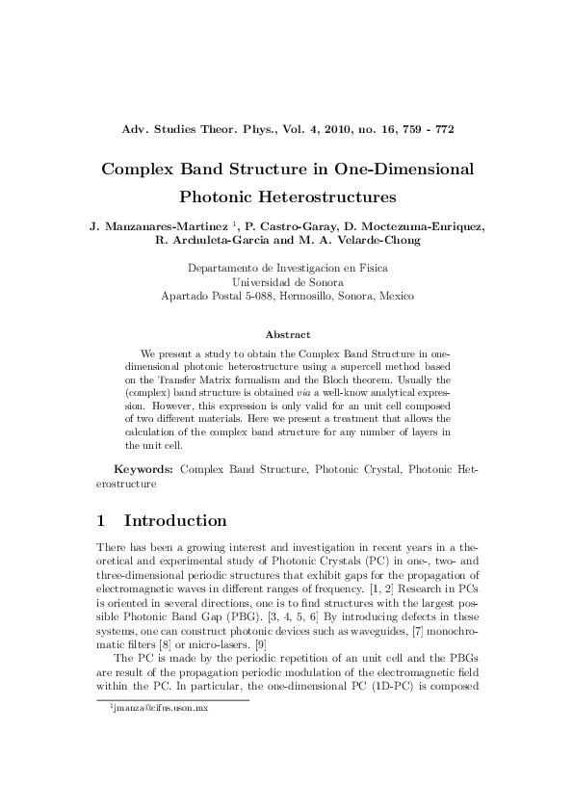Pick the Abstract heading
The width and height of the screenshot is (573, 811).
point(287,334)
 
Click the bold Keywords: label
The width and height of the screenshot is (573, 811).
point(143,469)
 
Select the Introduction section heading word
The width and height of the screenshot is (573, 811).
point(175,521)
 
